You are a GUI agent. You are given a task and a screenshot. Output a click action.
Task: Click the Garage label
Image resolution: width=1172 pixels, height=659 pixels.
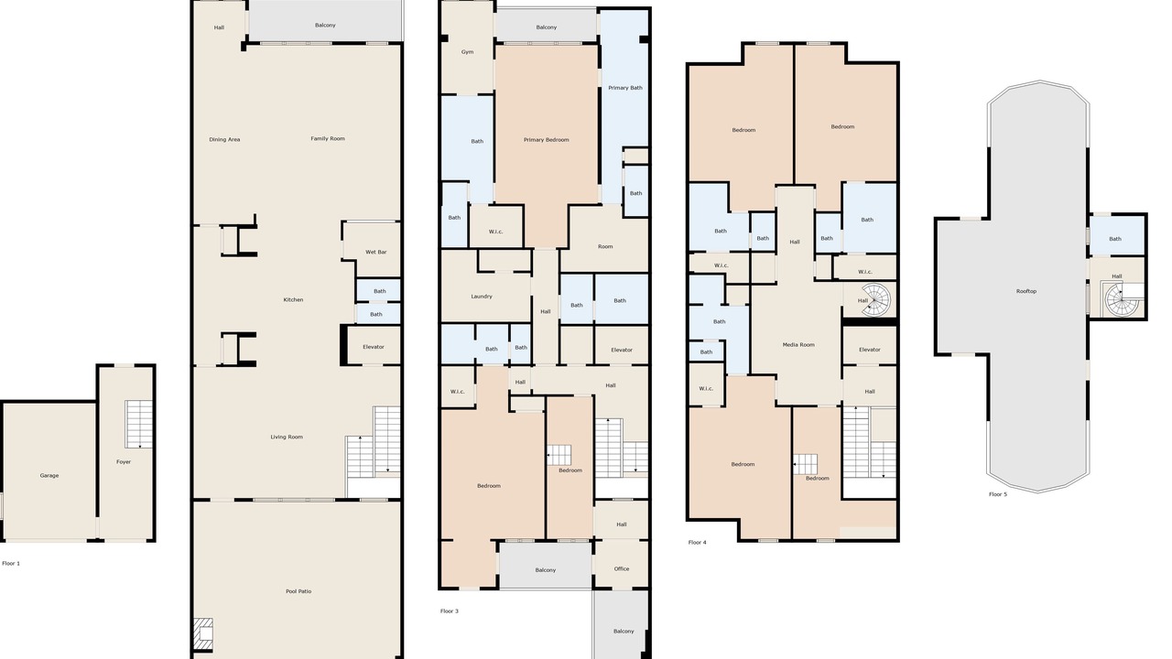pos(49,475)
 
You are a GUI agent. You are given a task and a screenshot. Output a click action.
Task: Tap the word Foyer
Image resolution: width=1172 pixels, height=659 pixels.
pos(124,462)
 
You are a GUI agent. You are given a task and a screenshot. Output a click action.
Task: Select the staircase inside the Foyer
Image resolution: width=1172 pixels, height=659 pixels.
pos(138,424)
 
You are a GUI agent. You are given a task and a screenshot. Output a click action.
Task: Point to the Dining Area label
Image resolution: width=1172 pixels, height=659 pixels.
pos(224,140)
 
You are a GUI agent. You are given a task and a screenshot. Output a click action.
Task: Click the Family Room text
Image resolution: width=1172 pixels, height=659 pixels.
pos(328,138)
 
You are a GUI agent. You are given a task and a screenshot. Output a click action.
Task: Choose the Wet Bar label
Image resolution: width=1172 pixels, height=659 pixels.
pos(375,252)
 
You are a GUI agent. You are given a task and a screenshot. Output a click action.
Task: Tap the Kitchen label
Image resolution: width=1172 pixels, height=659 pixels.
pos(293,299)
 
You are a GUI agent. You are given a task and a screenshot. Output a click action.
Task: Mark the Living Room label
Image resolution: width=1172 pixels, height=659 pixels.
pos(287,437)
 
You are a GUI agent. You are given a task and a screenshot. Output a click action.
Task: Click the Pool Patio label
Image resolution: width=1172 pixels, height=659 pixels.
pos(298,591)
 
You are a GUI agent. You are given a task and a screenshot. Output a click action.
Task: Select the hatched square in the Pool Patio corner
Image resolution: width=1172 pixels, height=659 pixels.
pos(203,634)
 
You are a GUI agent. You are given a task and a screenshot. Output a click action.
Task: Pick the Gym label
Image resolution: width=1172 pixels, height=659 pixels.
pos(467,52)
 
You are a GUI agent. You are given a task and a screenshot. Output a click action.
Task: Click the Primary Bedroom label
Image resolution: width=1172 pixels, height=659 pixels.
pos(547,140)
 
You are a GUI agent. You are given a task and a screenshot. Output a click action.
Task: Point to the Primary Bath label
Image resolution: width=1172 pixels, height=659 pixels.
pos(625,88)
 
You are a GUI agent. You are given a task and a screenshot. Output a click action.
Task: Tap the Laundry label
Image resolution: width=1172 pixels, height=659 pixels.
pos(482,297)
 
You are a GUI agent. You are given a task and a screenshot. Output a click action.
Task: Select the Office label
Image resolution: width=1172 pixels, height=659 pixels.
pos(622,568)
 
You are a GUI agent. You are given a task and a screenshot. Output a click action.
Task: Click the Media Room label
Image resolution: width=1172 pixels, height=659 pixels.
pos(798,345)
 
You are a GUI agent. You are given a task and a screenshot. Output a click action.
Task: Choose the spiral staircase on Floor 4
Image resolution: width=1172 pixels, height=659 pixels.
pos(876,299)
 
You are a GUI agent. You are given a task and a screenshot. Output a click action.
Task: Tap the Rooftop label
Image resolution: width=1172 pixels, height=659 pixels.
pos(1026,291)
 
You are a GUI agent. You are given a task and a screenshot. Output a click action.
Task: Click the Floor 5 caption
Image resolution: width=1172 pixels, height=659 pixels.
pos(998,494)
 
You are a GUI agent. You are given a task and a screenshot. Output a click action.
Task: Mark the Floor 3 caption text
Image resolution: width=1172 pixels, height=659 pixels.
pos(450,610)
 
